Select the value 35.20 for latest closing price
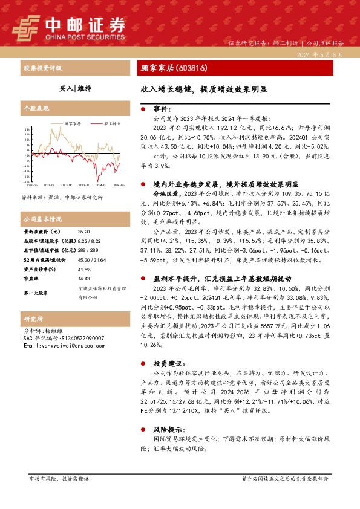tap(83, 232)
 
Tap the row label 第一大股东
tap(38, 293)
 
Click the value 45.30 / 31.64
tap(91, 259)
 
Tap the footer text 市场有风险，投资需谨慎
tap(59, 478)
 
